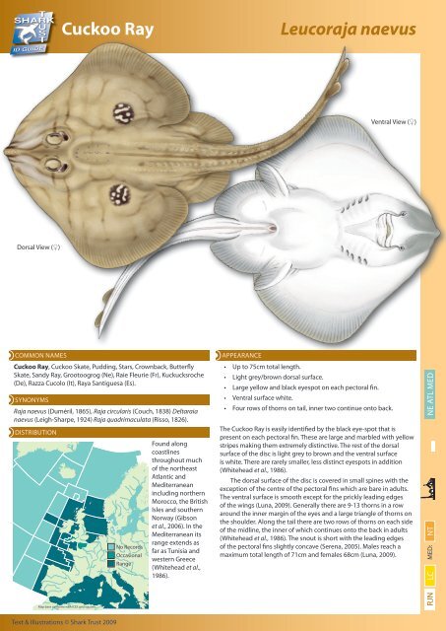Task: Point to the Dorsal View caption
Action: pos(32,292)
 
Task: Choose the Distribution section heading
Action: pos(40,432)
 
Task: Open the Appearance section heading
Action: pos(242,351)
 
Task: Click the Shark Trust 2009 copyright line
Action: pos(61,622)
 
